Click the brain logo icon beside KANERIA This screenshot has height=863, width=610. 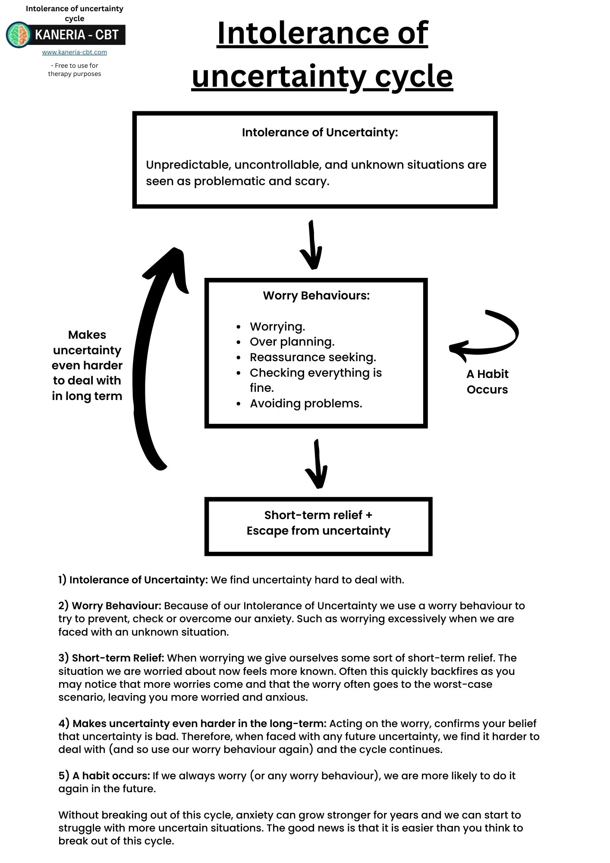pyautogui.click(x=18, y=35)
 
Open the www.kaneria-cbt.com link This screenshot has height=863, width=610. pyautogui.click(x=74, y=52)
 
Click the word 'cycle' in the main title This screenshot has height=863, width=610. pyautogui.click(x=414, y=77)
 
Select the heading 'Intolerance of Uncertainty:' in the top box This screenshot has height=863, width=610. pyautogui.click(x=320, y=132)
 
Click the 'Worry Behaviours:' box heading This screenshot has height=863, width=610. pyautogui.click(x=316, y=296)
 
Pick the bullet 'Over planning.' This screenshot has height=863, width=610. pyautogui.click(x=292, y=342)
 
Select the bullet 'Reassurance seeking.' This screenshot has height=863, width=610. pyautogui.click(x=313, y=357)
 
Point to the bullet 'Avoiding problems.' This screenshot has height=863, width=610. pyautogui.click(x=306, y=403)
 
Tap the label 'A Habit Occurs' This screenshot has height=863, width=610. pyautogui.click(x=487, y=381)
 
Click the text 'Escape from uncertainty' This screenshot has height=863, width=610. pyautogui.click(x=318, y=531)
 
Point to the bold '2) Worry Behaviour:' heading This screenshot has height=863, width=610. pyautogui.click(x=110, y=606)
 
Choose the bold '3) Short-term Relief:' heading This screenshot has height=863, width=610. pyautogui.click(x=111, y=658)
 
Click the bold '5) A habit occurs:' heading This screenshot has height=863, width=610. pyautogui.click(x=104, y=776)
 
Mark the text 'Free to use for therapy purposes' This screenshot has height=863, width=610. pyautogui.click(x=75, y=70)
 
